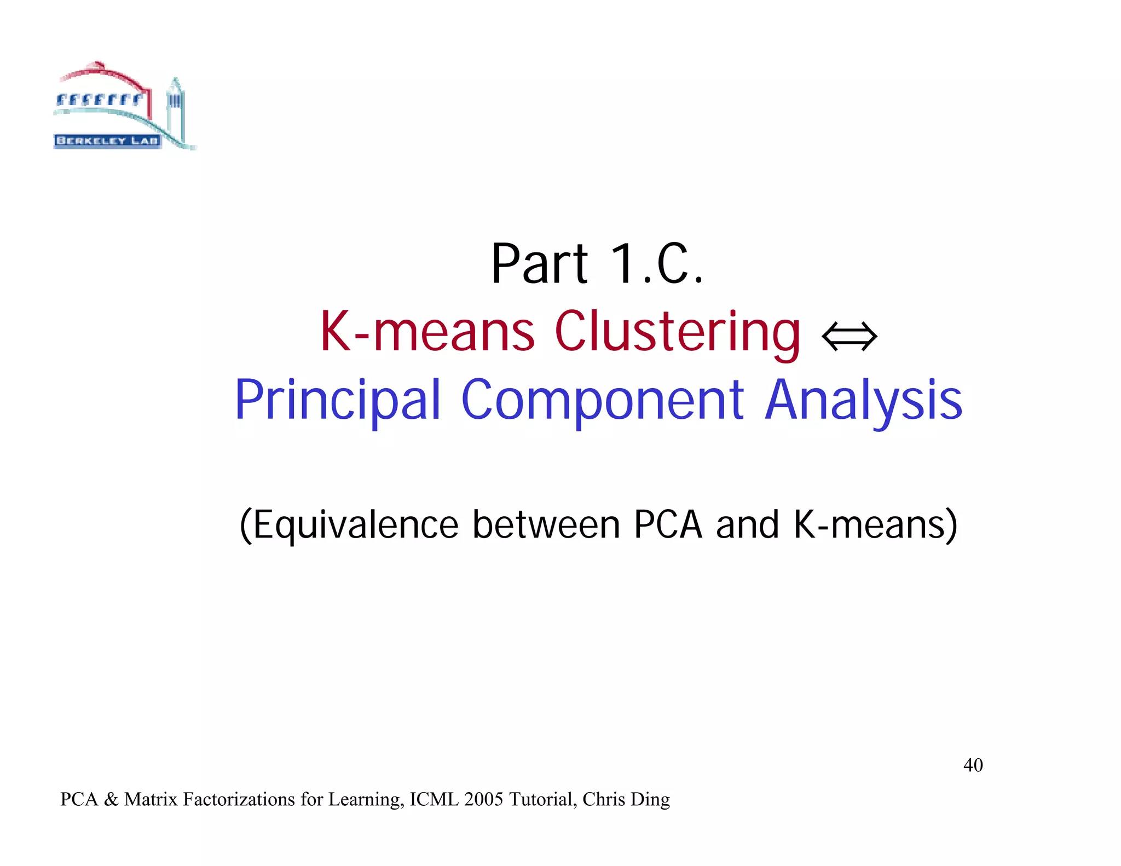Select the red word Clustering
coord(678,332)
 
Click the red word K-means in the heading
coord(427,332)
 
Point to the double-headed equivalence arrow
coord(849,336)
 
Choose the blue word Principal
coord(337,401)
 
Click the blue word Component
coord(602,401)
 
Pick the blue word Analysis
coord(863,401)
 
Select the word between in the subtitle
coord(546,525)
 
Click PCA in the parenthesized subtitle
coord(667,525)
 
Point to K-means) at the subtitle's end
coord(875,525)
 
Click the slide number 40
coord(973,765)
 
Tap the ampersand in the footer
coord(111,800)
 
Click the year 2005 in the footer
coord(483,800)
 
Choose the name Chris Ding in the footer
coord(626,800)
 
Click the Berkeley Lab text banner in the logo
coord(107,141)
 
